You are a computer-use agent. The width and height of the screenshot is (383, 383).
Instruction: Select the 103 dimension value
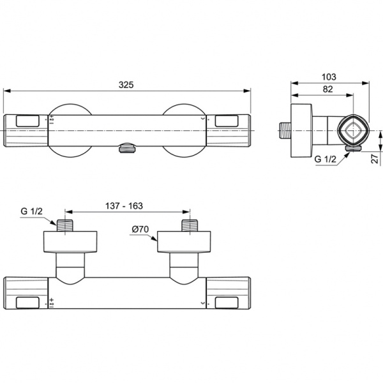click(x=329, y=76)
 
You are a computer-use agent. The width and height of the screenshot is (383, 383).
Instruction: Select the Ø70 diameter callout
click(x=140, y=229)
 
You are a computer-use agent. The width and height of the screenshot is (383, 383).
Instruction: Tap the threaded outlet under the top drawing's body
click(x=127, y=149)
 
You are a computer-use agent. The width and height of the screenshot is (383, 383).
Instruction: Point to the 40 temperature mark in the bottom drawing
click(x=51, y=304)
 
